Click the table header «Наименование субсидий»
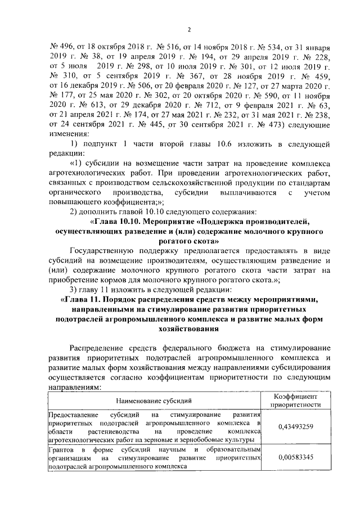point(154,400)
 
